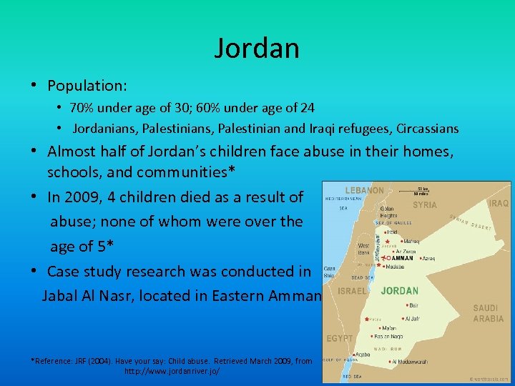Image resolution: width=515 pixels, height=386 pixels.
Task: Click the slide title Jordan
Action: point(257,48)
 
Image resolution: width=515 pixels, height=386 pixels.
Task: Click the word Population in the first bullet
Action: point(85,86)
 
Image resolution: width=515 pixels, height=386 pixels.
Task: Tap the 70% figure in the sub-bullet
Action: point(81,108)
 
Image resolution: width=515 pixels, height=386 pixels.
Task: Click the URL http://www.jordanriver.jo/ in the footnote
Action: point(172,372)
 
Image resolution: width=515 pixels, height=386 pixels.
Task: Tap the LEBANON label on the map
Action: point(364,191)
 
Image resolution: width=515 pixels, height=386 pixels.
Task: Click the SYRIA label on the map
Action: point(425,205)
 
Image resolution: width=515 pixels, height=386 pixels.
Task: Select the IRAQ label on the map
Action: point(499,204)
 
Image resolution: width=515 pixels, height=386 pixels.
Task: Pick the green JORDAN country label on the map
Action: point(399,291)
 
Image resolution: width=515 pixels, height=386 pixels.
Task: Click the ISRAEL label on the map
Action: point(352,291)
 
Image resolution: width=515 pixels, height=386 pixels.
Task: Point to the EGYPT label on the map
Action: point(340,337)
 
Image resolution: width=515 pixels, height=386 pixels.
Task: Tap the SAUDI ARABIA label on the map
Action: point(489,314)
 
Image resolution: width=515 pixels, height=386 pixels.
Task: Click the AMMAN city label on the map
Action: point(403,258)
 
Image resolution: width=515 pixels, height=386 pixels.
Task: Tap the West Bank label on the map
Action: point(363,249)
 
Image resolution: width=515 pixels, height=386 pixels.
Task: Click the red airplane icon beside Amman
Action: point(383,257)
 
